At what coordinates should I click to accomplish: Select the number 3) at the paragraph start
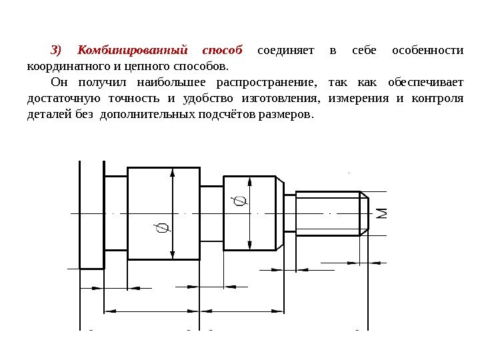(x=57, y=51)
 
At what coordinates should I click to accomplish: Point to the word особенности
(x=427, y=51)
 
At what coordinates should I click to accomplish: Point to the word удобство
(x=200, y=99)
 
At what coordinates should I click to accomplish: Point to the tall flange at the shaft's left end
(x=92, y=213)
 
